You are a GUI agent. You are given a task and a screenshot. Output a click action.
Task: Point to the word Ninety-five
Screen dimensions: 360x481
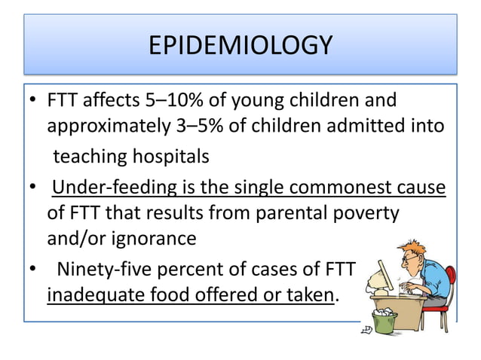pos(105,267)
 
